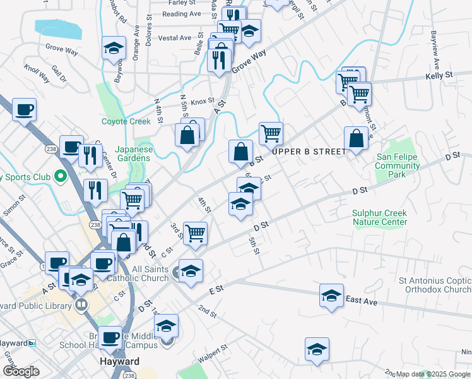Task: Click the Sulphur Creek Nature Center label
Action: (379, 218)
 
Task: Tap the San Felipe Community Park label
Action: (398, 165)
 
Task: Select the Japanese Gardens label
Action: (134, 154)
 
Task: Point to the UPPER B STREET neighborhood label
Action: (309, 152)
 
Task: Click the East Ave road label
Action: (362, 302)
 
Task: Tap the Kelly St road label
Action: (439, 75)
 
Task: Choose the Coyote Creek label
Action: (126, 121)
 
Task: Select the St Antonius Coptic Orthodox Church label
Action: (434, 285)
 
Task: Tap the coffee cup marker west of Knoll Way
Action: (24, 110)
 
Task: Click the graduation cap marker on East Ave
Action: (331, 296)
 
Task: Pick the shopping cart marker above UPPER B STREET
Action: (271, 133)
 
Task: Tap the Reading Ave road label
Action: (181, 14)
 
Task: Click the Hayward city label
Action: (119, 362)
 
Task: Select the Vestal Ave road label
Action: (175, 38)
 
